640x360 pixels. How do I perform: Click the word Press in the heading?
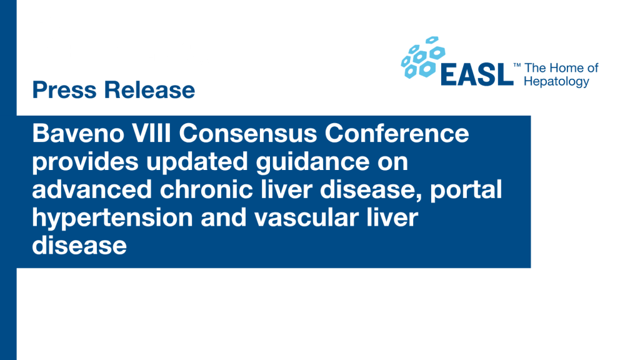click(x=64, y=90)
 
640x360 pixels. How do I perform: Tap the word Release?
click(x=149, y=90)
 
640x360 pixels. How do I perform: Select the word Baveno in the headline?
click(x=78, y=134)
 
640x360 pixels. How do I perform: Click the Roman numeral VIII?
click(x=151, y=134)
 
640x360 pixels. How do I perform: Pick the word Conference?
click(x=397, y=134)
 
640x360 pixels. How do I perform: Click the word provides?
click(x=85, y=162)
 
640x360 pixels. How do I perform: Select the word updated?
click(x=197, y=162)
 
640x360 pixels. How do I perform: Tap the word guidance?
click(x=312, y=162)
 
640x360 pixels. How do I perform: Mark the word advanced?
click(x=92, y=189)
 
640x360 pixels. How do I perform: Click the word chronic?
click(x=206, y=189)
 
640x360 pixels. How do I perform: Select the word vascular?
click(x=306, y=217)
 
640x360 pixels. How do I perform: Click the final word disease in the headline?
click(x=79, y=246)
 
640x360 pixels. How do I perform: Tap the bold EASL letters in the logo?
click(x=477, y=75)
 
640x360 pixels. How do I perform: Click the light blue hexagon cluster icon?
click(x=423, y=57)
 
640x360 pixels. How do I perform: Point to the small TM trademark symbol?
click(x=517, y=65)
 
